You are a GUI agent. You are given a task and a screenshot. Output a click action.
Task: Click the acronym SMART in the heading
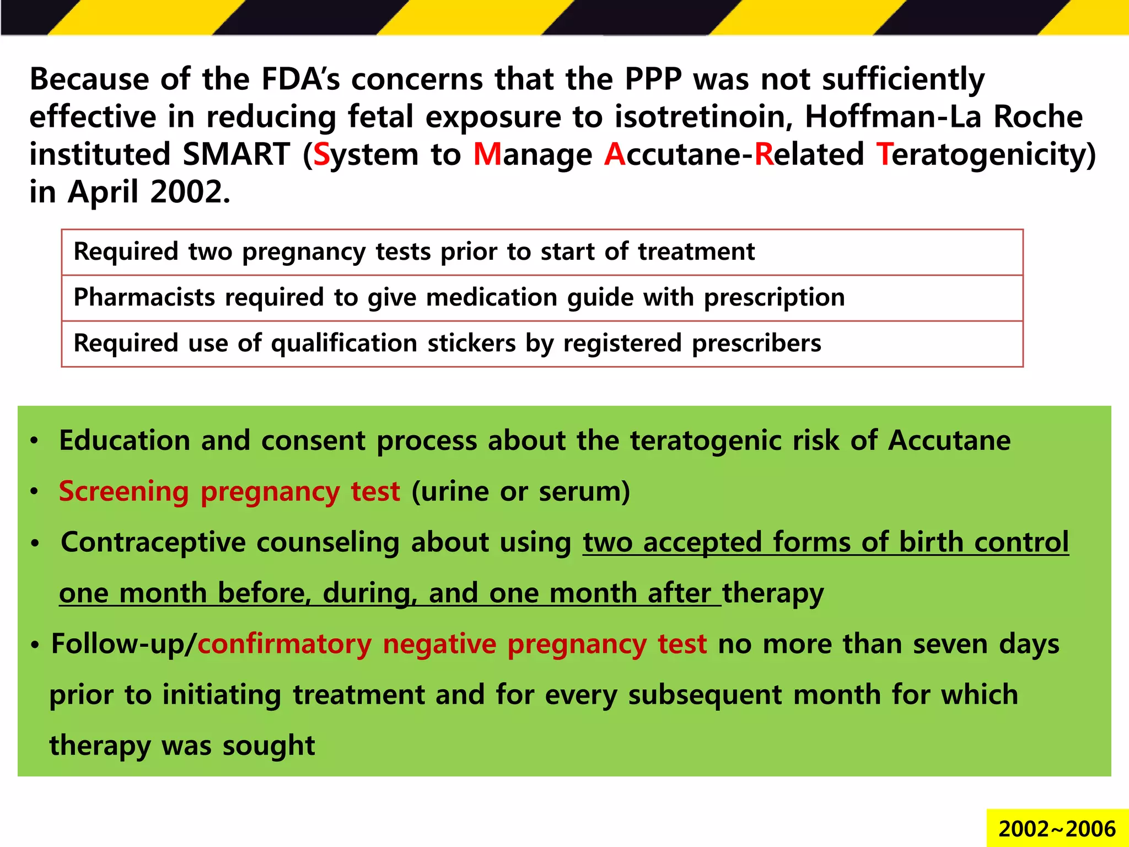point(236,154)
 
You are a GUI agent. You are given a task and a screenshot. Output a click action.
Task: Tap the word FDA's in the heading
point(300,79)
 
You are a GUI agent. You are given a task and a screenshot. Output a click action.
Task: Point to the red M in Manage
point(487,154)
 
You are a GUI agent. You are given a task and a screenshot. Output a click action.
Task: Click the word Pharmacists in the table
point(144,298)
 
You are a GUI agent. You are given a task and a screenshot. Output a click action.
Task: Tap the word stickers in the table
point(471,344)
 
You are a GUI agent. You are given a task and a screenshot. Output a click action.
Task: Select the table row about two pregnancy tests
point(542,252)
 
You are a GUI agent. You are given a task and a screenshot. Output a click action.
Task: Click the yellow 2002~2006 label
point(1057,829)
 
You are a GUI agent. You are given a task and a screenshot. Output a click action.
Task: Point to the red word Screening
point(123,491)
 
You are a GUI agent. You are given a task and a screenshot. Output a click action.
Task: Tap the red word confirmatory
point(284,644)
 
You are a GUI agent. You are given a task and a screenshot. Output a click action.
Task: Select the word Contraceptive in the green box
point(153,542)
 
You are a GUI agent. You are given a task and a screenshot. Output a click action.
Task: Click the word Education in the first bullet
point(124,441)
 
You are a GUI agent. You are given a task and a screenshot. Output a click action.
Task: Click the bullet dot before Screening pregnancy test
point(34,491)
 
